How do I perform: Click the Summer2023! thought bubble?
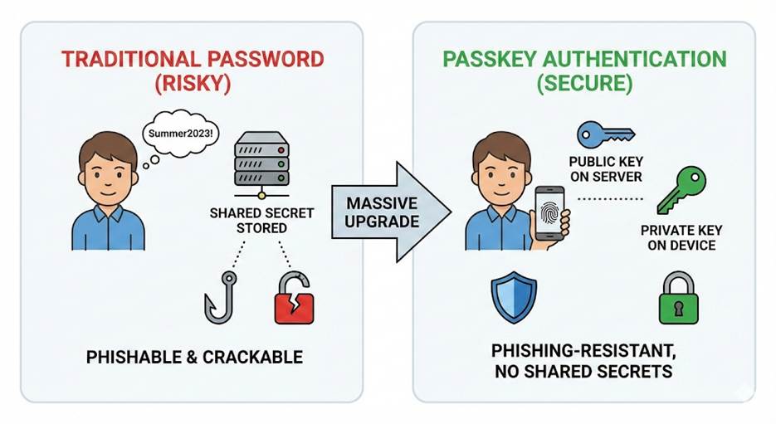click(x=177, y=134)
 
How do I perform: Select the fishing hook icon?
click(x=217, y=294)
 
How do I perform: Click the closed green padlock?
click(x=678, y=297)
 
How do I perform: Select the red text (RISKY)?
click(x=192, y=85)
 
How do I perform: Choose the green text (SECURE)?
click(x=583, y=85)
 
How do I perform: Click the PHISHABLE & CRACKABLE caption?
click(x=194, y=358)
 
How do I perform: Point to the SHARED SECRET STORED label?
click(x=261, y=220)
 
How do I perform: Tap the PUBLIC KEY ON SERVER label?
click(x=605, y=169)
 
